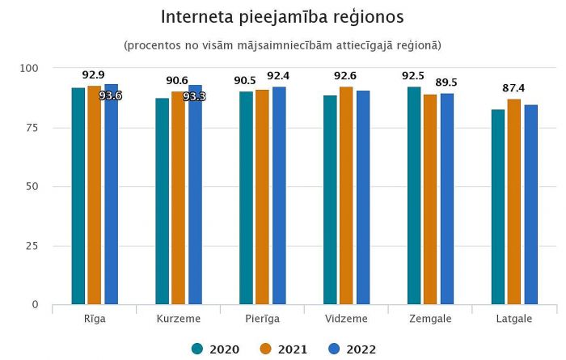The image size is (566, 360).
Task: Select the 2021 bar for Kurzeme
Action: pos(178,197)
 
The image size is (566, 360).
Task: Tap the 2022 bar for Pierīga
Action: pos(279,195)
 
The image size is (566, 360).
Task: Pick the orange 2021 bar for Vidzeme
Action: pos(346,195)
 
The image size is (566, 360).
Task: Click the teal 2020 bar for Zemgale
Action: pos(414,195)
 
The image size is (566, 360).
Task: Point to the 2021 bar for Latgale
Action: pos(514,201)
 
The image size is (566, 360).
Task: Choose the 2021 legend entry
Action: pos(285,349)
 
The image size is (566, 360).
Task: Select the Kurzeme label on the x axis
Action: pos(178,319)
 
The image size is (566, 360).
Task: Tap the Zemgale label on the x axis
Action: pos(430,319)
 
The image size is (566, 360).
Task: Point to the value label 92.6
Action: pos(346,76)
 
